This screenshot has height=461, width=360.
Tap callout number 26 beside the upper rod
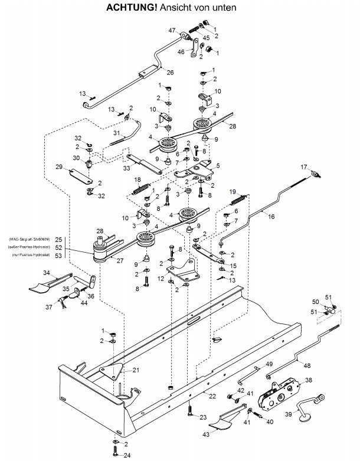click(171, 73)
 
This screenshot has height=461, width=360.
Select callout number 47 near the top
click(172, 30)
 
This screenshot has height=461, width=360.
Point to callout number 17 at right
click(305, 167)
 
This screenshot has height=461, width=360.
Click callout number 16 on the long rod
click(271, 217)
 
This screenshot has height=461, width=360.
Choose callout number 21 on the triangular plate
click(136, 370)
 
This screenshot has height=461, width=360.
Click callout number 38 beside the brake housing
click(309, 381)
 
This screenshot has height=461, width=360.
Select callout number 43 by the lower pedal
click(207, 435)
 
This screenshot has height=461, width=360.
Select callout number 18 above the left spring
click(138, 179)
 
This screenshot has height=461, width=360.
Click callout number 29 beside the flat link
click(58, 168)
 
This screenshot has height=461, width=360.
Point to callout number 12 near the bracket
click(161, 279)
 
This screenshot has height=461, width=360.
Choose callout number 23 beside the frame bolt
click(204, 417)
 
